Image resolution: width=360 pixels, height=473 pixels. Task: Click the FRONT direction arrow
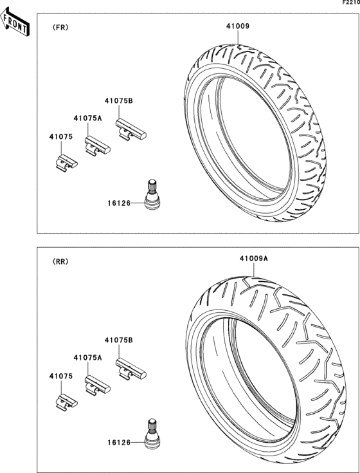(x=15, y=22)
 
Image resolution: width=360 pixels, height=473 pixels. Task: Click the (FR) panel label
(x=60, y=28)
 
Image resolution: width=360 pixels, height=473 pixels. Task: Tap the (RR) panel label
(x=60, y=261)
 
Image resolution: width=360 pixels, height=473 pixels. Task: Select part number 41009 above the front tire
(x=238, y=26)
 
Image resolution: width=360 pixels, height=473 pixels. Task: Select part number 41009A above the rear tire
(x=254, y=259)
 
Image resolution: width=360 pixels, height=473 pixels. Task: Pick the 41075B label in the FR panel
(x=119, y=101)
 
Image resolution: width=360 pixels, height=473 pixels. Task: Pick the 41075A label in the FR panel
(x=87, y=118)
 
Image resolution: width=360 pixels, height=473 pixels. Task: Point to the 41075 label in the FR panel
(x=61, y=136)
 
